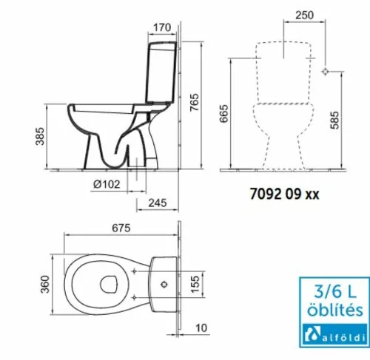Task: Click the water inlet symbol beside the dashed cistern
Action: coord(326,72)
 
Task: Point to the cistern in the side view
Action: coord(159,70)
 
